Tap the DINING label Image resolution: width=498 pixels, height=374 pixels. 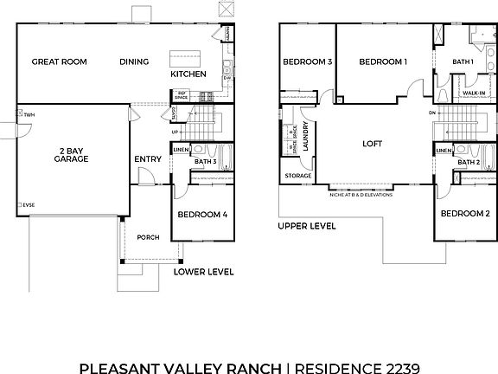pos(134,61)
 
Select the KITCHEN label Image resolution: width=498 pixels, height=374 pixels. pos(188,74)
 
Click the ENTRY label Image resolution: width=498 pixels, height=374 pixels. pos(147,159)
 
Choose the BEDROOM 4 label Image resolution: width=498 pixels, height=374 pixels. pos(201,214)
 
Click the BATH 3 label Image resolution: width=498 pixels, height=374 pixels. pos(205,162)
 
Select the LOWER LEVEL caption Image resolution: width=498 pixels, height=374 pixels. pos(204,271)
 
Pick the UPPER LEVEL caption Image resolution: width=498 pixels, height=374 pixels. pos(307,226)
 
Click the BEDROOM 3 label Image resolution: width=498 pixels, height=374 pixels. pos(307,62)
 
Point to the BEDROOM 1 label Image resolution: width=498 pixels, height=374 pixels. pos(383,62)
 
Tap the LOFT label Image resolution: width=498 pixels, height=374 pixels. pos(372,144)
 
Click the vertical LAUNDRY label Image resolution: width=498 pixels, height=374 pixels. pos(307,137)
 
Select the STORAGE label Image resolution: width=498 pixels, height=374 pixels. pos(298,176)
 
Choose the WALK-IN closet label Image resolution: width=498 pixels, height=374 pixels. pos(473,92)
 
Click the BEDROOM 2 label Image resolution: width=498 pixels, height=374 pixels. pos(464,214)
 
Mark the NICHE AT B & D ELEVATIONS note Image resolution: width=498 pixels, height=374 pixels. pos(361,195)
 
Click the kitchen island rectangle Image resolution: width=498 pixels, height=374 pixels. pos(183,59)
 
